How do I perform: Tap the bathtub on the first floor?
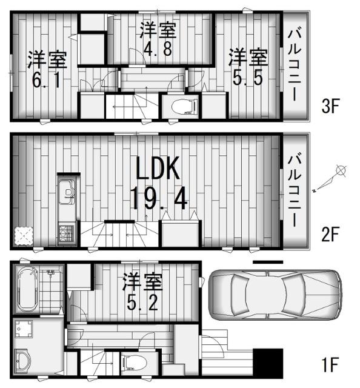[28, 288]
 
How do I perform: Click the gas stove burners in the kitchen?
[65, 232]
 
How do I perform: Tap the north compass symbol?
[341, 172]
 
